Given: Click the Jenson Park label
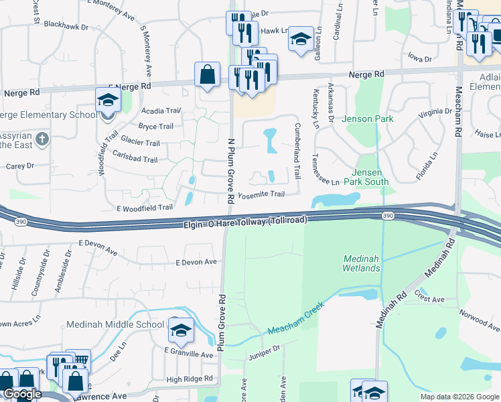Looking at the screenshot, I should (x=368, y=119).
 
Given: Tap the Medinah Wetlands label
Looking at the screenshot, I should (x=362, y=263).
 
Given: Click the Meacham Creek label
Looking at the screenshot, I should (x=295, y=318).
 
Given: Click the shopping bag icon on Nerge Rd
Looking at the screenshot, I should (x=208, y=76).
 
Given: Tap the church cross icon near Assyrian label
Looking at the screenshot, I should (x=42, y=140).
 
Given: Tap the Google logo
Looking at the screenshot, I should (x=22, y=394).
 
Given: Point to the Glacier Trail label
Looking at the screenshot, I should (x=139, y=143).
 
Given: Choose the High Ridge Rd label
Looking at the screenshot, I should (x=190, y=379).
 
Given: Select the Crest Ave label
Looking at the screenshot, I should (x=430, y=299).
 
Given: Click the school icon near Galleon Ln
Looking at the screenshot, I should (x=301, y=41).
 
